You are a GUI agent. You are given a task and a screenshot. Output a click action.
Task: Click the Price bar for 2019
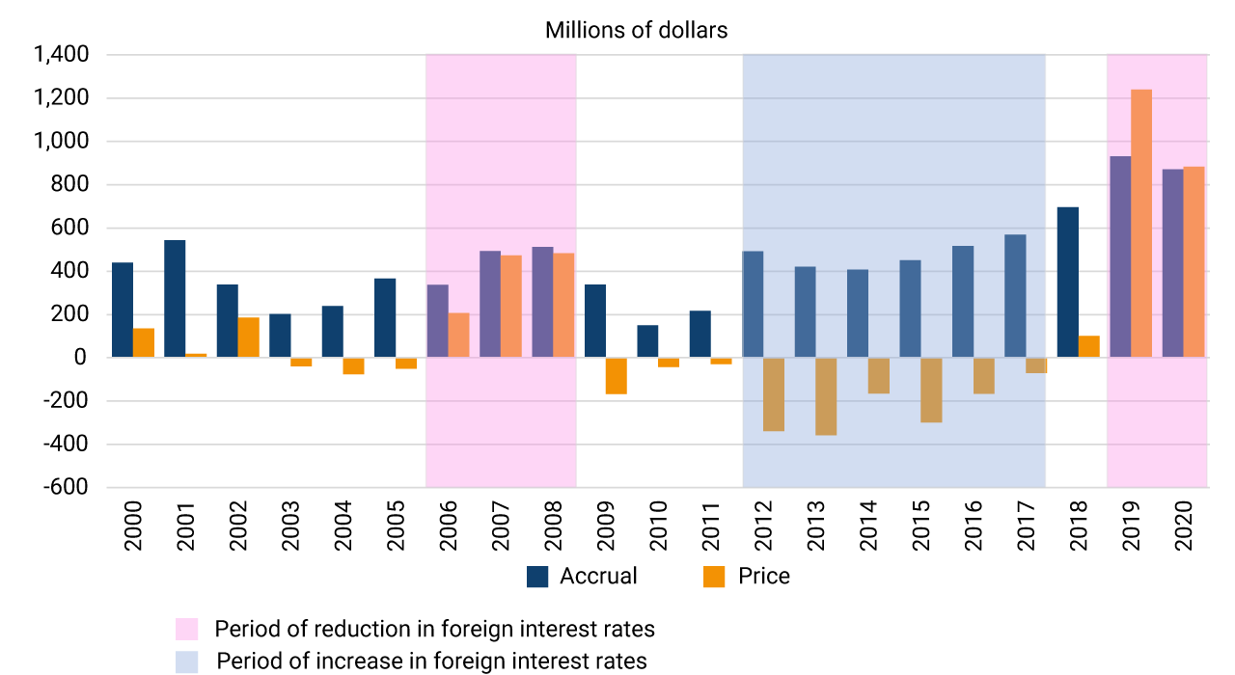click(1141, 223)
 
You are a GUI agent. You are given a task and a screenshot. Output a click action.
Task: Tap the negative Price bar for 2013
click(826, 396)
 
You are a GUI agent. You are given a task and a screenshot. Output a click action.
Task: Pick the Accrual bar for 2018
click(1067, 283)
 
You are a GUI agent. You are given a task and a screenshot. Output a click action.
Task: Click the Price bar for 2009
click(616, 376)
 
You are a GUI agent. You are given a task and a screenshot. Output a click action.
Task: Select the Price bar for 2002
click(249, 337)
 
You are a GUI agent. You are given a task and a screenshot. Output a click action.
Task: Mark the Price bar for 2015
click(931, 390)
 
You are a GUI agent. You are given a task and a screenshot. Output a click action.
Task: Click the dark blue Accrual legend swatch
click(537, 577)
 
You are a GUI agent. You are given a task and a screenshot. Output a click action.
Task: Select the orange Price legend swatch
click(714, 577)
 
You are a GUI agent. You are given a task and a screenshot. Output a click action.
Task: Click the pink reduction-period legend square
click(186, 630)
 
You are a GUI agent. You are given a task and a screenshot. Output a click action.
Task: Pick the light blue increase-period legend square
click(186, 661)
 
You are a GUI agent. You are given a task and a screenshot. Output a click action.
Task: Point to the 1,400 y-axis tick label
click(62, 55)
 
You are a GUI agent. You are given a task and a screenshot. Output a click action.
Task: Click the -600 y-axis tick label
click(67, 487)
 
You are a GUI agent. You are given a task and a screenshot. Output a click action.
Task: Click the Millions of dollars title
click(636, 30)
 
